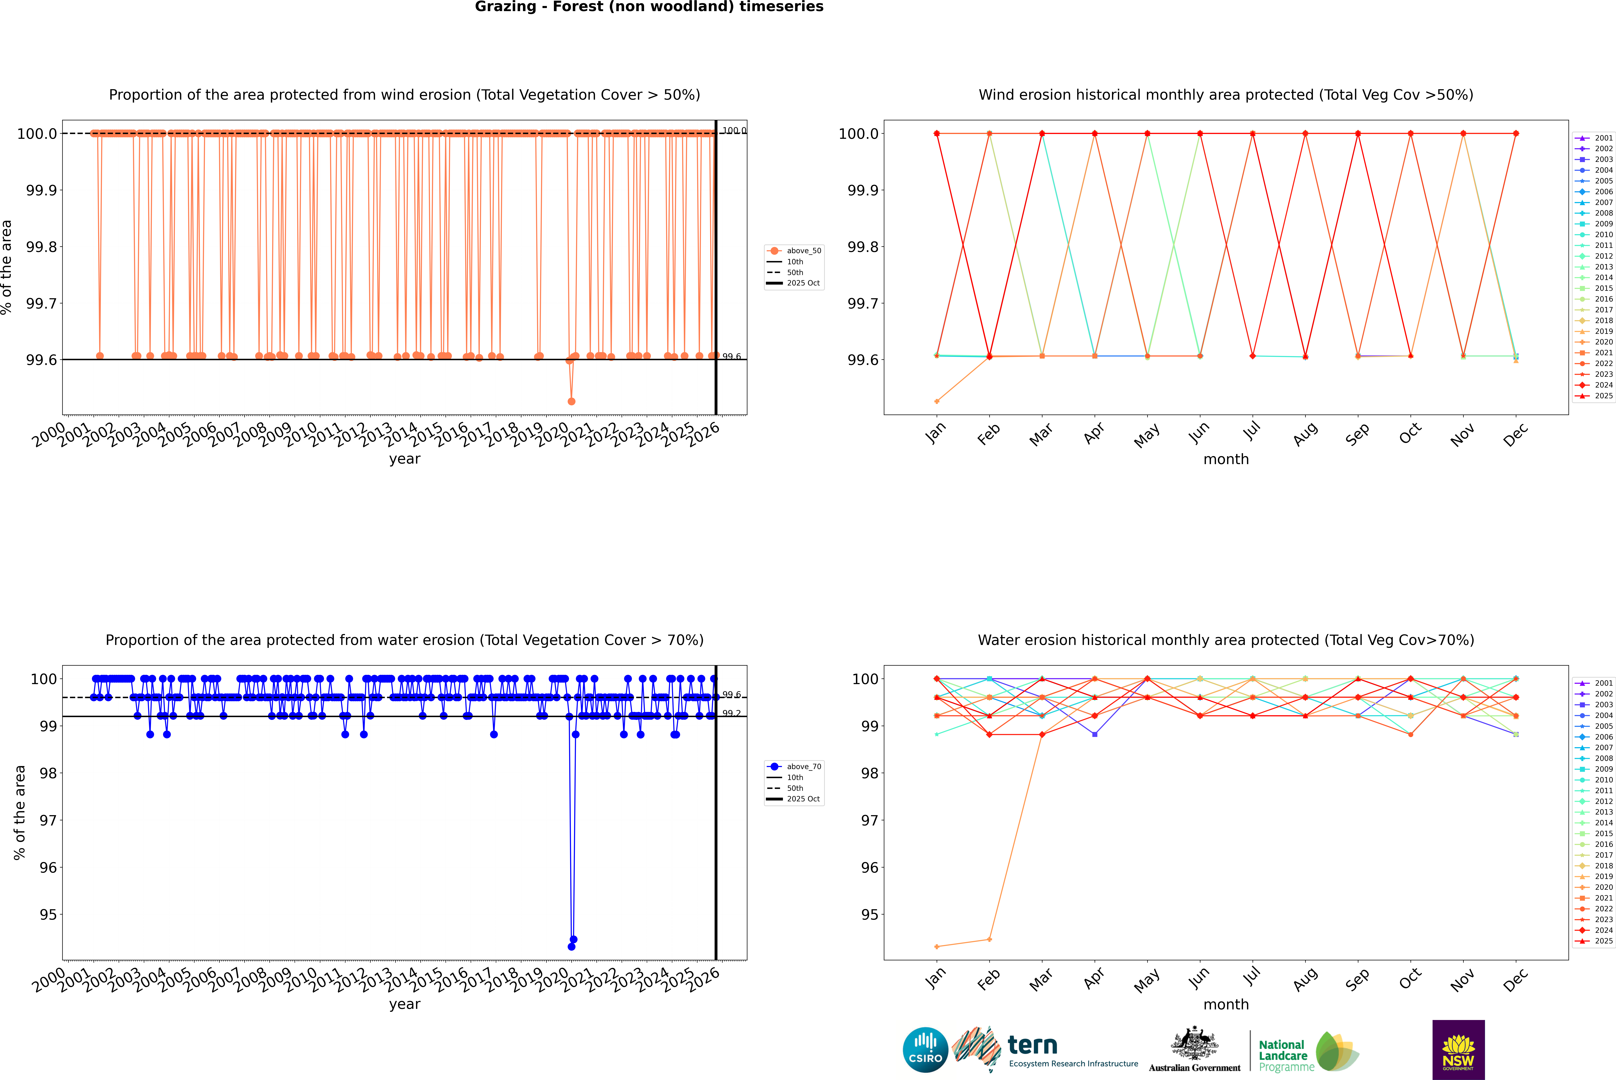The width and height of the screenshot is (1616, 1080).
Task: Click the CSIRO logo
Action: pos(925,1050)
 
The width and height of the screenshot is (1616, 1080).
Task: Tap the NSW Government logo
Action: pos(1458,1050)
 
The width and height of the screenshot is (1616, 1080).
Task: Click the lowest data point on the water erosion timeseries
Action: pos(571,946)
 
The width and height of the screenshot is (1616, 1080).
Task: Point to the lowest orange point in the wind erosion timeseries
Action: pos(571,401)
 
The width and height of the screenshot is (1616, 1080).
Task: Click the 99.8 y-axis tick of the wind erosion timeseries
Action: pos(41,247)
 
